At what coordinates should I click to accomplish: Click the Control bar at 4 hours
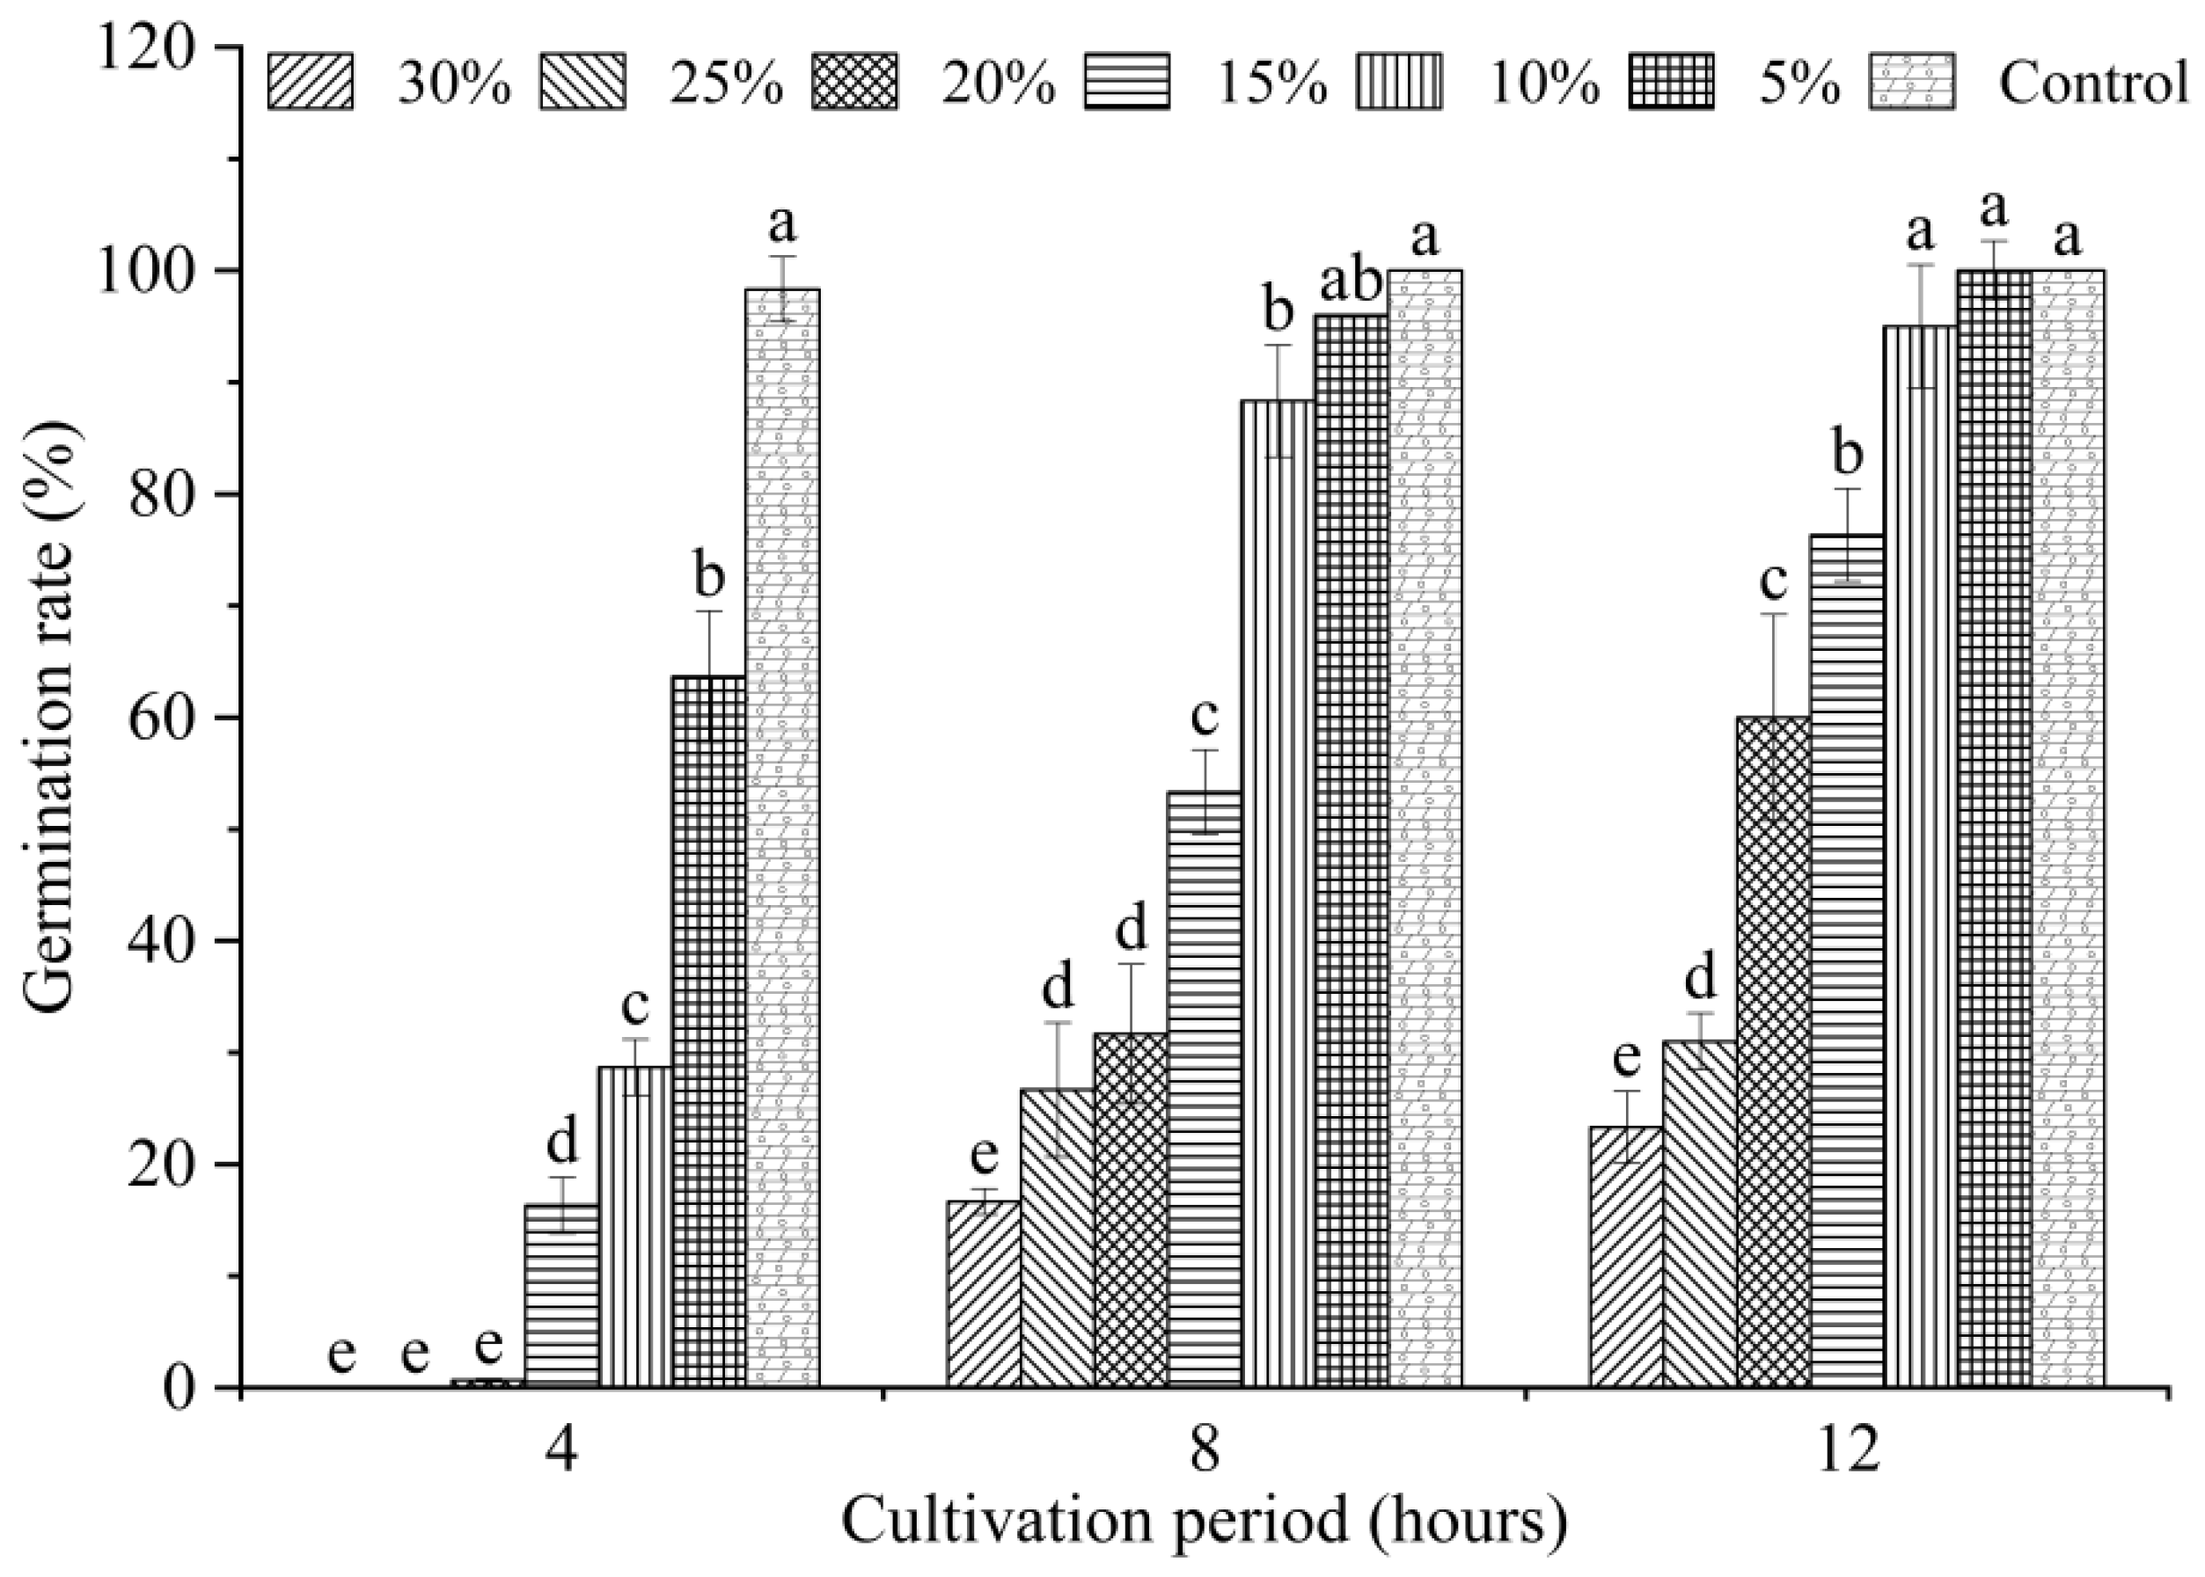[782, 835]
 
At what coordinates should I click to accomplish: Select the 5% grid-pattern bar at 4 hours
[709, 1029]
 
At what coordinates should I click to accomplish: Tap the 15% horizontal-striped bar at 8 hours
[1205, 1088]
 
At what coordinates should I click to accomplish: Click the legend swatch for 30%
[311, 82]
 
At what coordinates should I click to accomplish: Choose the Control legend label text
[2093, 82]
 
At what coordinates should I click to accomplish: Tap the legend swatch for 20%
[854, 82]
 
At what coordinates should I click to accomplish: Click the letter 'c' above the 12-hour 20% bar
[1774, 580]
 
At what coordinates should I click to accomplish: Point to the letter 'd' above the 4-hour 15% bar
[562, 1142]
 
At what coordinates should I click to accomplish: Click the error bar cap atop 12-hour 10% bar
[1921, 264]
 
